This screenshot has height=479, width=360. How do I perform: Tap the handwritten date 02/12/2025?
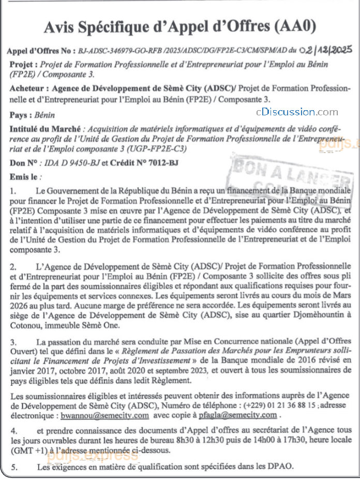pos(326,50)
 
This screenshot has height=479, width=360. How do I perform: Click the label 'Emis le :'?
pos(23,176)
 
